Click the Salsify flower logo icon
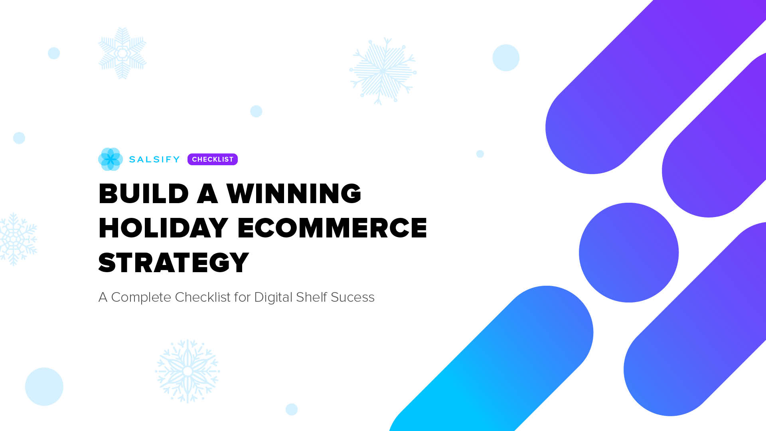[110, 159]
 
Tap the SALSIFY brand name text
[154, 159]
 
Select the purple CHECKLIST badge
[212, 159]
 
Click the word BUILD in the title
[143, 194]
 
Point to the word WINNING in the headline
[294, 194]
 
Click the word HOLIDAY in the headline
[163, 228]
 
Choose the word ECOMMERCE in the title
[332, 228]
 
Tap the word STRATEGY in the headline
[174, 263]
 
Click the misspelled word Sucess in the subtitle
[352, 297]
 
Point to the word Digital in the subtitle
[273, 297]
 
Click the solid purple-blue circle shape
[628, 253]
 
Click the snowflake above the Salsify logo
[122, 53]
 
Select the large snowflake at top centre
[383, 71]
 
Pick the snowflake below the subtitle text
[188, 371]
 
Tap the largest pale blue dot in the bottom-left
[44, 386]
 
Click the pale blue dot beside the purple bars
[506, 58]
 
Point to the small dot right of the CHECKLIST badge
[480, 154]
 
